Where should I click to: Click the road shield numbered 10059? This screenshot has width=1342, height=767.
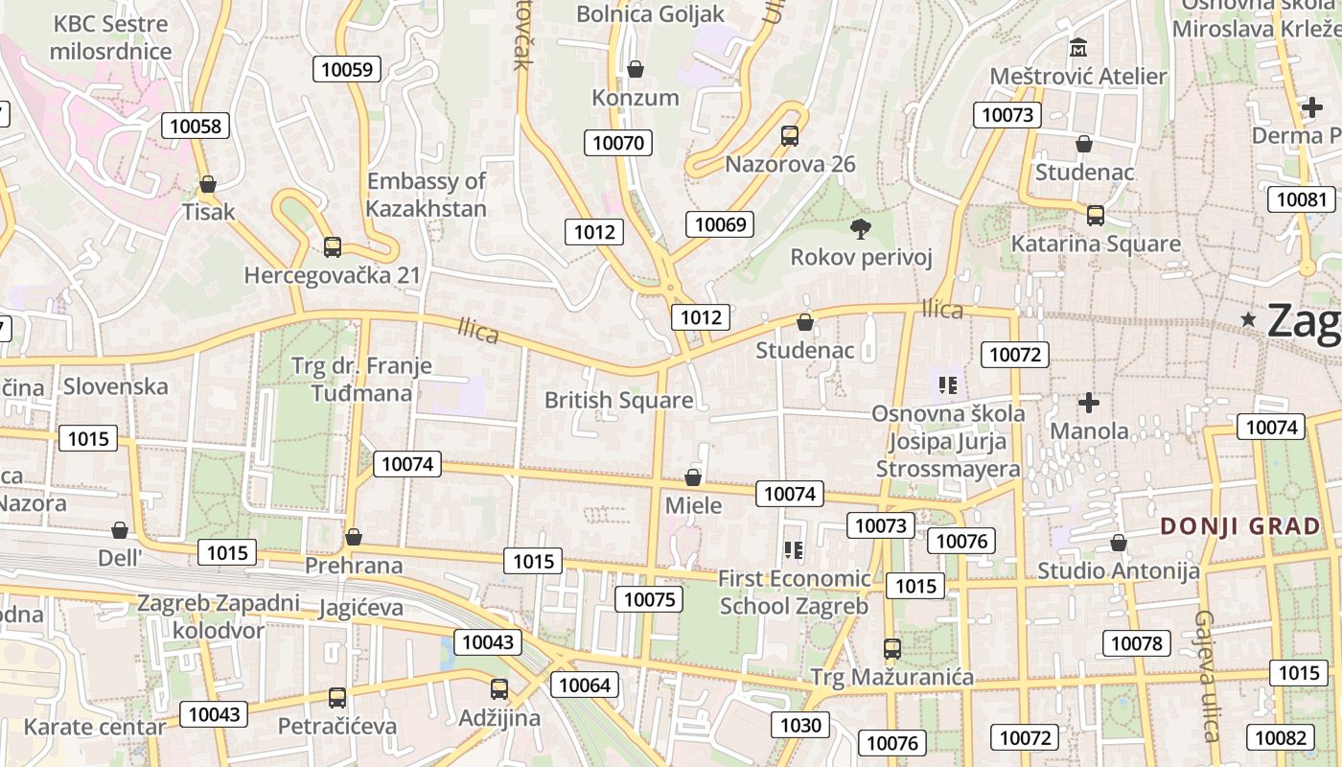click(347, 68)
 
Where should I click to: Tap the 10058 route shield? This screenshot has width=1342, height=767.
click(196, 126)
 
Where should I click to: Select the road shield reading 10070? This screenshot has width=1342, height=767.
click(618, 144)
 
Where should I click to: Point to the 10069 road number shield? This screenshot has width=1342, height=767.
click(720, 224)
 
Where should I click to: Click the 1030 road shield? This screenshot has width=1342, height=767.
click(800, 724)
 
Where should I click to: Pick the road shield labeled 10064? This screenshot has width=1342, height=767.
click(584, 685)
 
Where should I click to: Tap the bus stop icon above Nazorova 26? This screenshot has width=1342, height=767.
click(790, 136)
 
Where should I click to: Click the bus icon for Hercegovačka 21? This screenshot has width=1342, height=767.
click(333, 247)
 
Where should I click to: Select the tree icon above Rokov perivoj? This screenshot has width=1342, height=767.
click(861, 228)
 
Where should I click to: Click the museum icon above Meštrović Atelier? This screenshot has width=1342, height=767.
click(1078, 47)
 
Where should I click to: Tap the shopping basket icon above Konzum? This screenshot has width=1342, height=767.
click(635, 69)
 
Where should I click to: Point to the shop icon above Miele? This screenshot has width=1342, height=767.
click(693, 476)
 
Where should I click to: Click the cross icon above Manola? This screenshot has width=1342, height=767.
click(1089, 403)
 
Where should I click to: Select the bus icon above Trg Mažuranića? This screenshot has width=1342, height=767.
click(892, 649)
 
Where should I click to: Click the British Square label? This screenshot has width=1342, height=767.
click(618, 401)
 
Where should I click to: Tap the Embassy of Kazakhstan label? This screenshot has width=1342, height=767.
click(427, 195)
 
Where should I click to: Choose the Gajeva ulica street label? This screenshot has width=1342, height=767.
click(1206, 676)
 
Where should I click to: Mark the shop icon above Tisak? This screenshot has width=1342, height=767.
click(208, 184)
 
